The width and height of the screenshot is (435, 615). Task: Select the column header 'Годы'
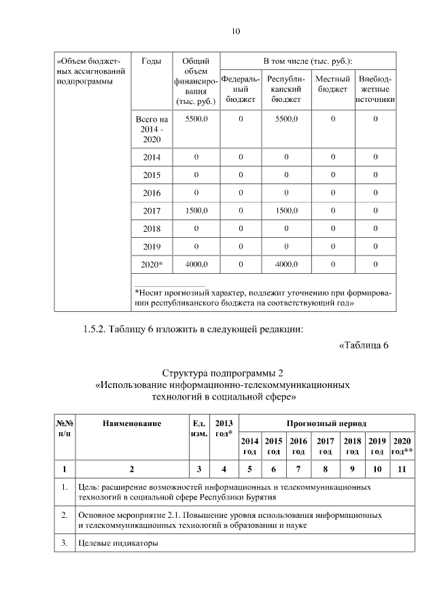click(152, 62)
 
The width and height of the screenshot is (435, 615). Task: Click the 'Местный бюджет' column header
click(332, 84)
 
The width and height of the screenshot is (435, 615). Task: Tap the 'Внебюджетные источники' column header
click(375, 89)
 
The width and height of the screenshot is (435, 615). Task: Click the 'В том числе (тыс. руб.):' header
click(308, 60)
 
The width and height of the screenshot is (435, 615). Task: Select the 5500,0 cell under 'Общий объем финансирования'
click(196, 119)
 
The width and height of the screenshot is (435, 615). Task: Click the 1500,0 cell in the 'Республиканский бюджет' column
click(285, 211)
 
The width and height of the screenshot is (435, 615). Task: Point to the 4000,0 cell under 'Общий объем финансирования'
click(196, 264)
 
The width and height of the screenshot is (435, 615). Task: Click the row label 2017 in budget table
click(152, 211)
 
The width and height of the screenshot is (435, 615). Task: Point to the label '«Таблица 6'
click(363, 345)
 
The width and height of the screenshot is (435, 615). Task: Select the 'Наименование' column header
click(132, 424)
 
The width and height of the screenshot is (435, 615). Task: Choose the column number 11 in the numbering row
click(402, 468)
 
